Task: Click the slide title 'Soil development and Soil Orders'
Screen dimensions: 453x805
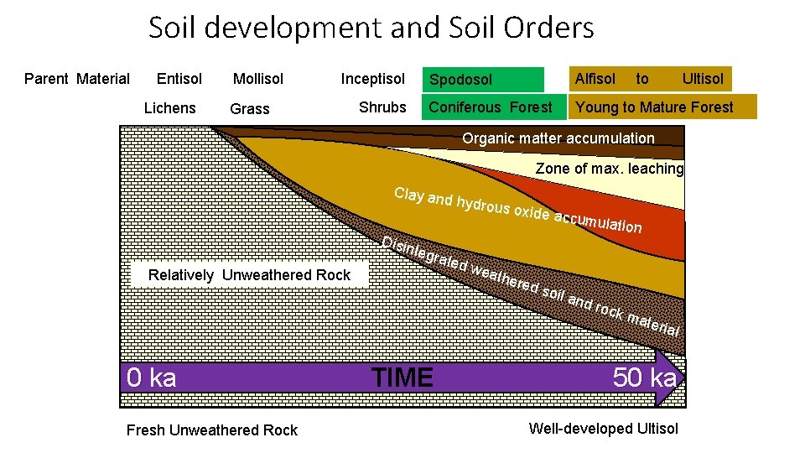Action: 371,28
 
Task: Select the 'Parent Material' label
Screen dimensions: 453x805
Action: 77,79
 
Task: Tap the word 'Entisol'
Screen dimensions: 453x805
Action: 179,79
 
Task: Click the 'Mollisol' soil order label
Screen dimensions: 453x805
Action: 258,79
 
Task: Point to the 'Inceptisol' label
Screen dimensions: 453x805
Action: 372,79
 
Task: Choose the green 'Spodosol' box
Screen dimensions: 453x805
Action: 482,80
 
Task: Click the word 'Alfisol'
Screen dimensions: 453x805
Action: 595,79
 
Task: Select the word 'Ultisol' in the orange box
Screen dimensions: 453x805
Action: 703,79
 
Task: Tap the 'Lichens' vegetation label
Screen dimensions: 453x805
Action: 169,107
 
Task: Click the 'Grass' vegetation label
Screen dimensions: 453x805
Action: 250,108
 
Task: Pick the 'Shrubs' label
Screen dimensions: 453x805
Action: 382,107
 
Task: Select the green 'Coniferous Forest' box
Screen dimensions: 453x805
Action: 490,107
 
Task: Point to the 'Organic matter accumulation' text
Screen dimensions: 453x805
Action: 558,138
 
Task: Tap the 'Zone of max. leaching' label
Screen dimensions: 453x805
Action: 610,169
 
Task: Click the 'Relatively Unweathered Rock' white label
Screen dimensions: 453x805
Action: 249,275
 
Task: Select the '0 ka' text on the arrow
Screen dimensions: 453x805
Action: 152,377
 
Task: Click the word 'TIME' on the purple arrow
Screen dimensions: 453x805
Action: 402,377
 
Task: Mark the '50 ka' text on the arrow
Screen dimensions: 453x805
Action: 644,377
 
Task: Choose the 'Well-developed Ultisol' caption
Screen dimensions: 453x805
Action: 603,429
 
